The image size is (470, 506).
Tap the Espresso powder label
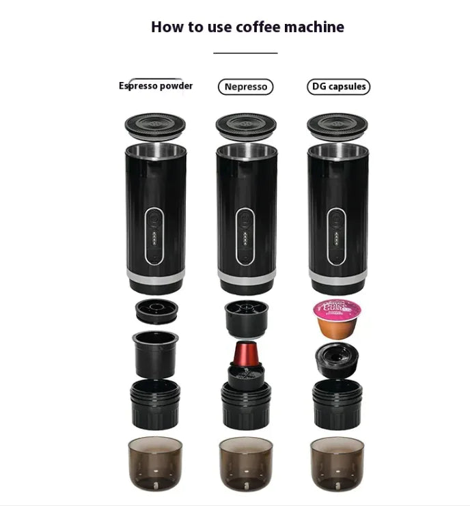tap(156, 86)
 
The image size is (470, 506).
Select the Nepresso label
tap(245, 87)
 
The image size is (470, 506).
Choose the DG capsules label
tap(338, 87)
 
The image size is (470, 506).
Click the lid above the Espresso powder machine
tap(155, 125)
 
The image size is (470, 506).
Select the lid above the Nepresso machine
tap(246, 125)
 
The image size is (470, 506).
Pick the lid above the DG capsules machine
tap(337, 125)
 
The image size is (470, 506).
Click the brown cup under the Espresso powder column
tap(155, 463)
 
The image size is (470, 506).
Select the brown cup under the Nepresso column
tap(246, 463)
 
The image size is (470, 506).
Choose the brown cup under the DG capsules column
tap(337, 463)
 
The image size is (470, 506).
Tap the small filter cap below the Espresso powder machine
tap(156, 310)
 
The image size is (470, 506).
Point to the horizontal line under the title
tap(245, 53)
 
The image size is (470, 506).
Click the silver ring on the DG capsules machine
tap(337, 279)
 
